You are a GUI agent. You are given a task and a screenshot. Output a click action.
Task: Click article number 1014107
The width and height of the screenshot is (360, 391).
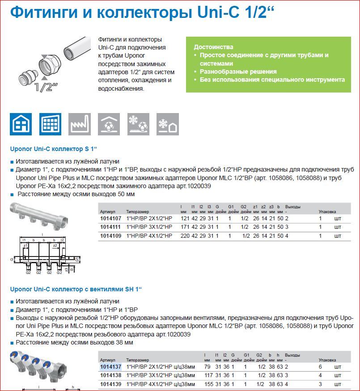tap(110, 219)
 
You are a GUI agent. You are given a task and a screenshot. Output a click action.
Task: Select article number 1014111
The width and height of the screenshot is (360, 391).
tap(110, 227)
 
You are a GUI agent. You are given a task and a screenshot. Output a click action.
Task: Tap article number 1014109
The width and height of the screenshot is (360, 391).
tap(110, 235)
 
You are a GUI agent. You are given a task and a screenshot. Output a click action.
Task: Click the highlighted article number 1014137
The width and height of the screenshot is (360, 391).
tap(110, 367)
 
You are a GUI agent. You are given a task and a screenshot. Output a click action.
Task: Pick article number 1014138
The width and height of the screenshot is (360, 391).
tap(110, 375)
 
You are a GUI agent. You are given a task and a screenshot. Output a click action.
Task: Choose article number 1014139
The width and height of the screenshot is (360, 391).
tap(110, 384)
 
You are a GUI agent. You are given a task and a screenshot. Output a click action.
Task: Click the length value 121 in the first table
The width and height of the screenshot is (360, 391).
tap(185, 219)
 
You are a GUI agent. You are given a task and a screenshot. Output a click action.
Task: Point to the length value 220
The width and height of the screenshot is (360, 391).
tap(185, 235)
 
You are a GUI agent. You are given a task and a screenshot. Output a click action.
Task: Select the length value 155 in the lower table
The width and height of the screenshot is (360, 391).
tap(209, 384)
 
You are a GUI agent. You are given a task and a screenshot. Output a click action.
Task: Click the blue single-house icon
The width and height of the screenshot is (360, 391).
tap(21, 124)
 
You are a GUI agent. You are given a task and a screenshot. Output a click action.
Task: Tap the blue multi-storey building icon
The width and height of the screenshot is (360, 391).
tap(50, 124)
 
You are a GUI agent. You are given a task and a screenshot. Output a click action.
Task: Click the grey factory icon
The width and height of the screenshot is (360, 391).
tap(80, 124)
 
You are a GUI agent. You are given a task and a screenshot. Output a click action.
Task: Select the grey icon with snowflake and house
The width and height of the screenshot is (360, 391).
tap(168, 124)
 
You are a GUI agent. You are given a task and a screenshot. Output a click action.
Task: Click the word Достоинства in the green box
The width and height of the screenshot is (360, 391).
tap(214, 47)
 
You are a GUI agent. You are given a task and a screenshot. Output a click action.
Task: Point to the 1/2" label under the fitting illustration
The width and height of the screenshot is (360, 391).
tap(46, 87)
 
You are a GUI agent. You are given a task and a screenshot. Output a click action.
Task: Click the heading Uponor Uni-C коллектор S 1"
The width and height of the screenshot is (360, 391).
tap(53, 149)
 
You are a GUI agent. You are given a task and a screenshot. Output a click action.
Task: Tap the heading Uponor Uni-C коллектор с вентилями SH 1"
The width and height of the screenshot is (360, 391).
tap(76, 289)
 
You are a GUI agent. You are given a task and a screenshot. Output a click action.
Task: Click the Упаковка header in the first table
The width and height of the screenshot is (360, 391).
tap(327, 212)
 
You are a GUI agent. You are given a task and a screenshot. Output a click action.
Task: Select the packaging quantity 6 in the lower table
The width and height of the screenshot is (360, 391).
tap(320, 367)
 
